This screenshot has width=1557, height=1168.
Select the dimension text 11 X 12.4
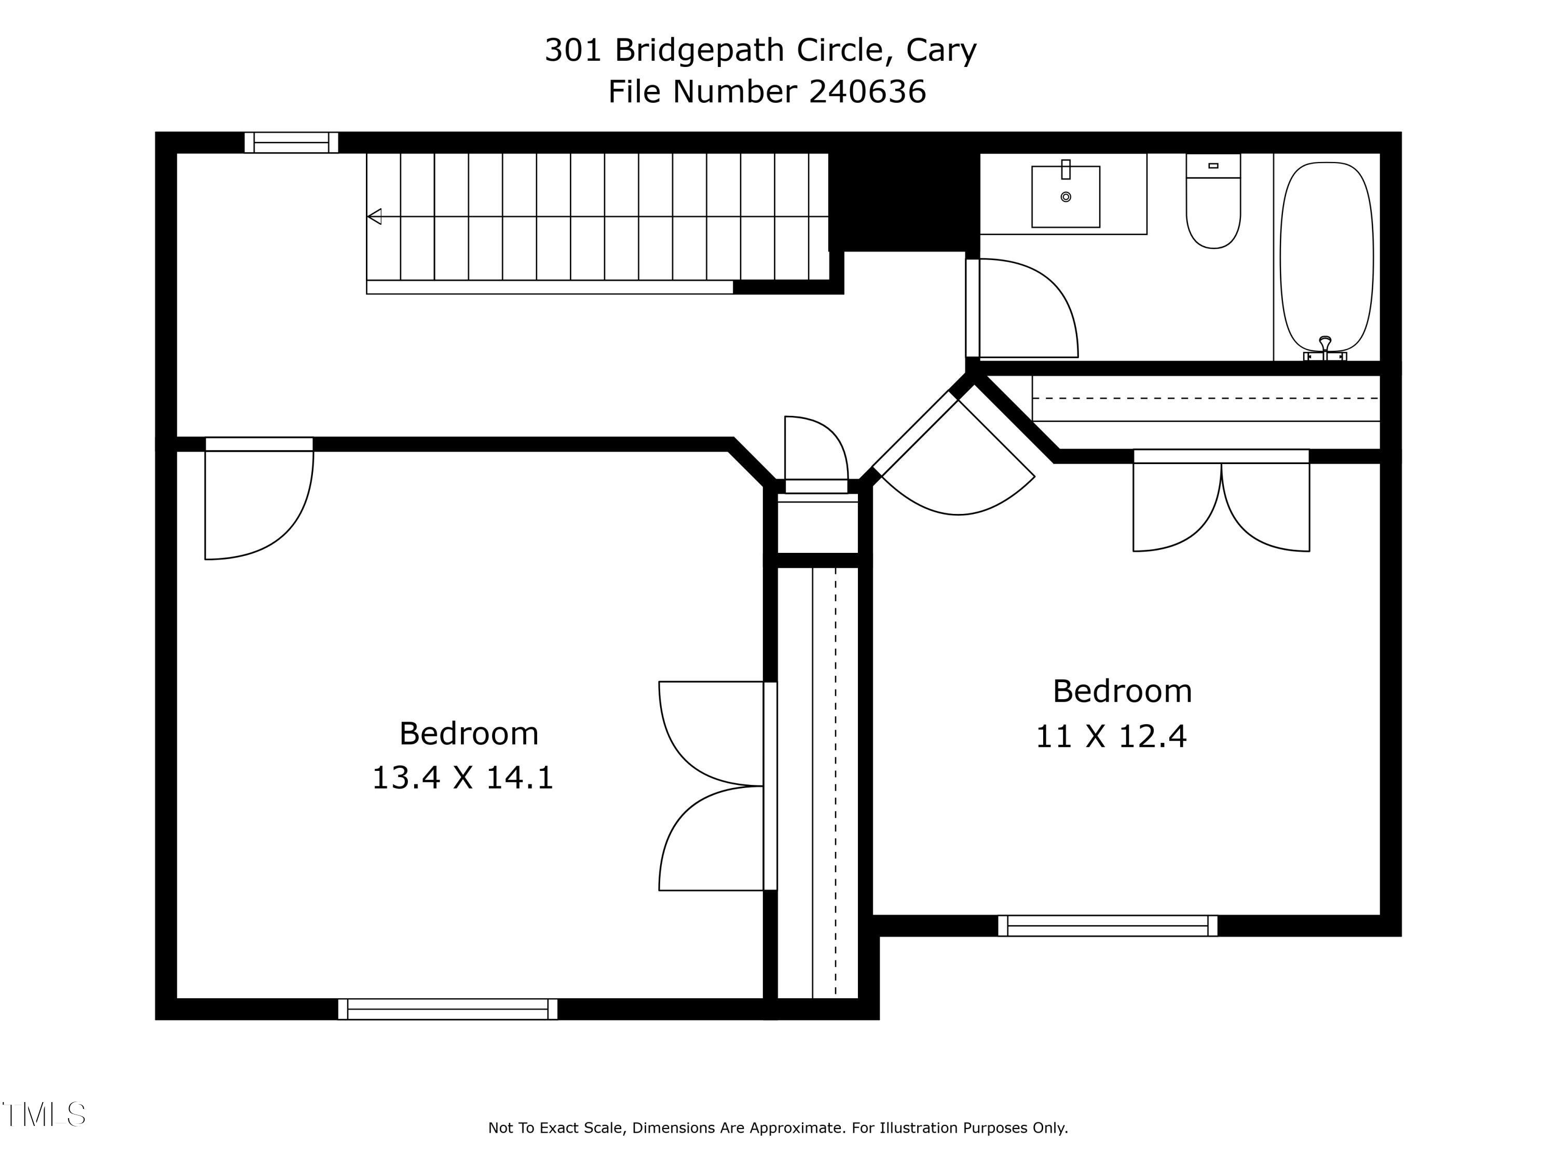click(1111, 737)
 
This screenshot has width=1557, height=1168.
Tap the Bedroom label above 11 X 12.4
click(1122, 691)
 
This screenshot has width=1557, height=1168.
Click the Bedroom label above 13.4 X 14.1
click(469, 734)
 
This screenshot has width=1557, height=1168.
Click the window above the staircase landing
click(291, 142)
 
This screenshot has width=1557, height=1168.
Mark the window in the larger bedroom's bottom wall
click(448, 1008)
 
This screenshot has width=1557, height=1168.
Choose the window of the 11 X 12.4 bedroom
click(1107, 925)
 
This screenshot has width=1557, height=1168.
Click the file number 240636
click(867, 91)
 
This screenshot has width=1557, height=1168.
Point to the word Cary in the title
click(941, 49)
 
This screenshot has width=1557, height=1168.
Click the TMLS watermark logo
click(44, 1115)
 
